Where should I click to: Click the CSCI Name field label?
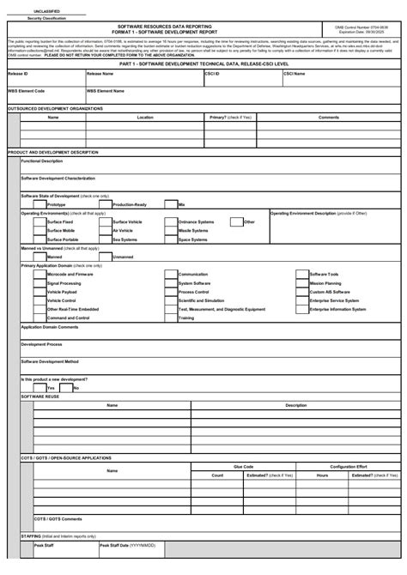[295, 74]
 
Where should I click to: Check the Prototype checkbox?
[39, 204]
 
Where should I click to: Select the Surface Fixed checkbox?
[39, 221]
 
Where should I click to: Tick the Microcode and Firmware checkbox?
[39, 274]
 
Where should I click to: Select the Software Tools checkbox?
[302, 274]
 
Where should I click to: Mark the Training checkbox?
[171, 318]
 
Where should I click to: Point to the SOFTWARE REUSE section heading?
[40, 396]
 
